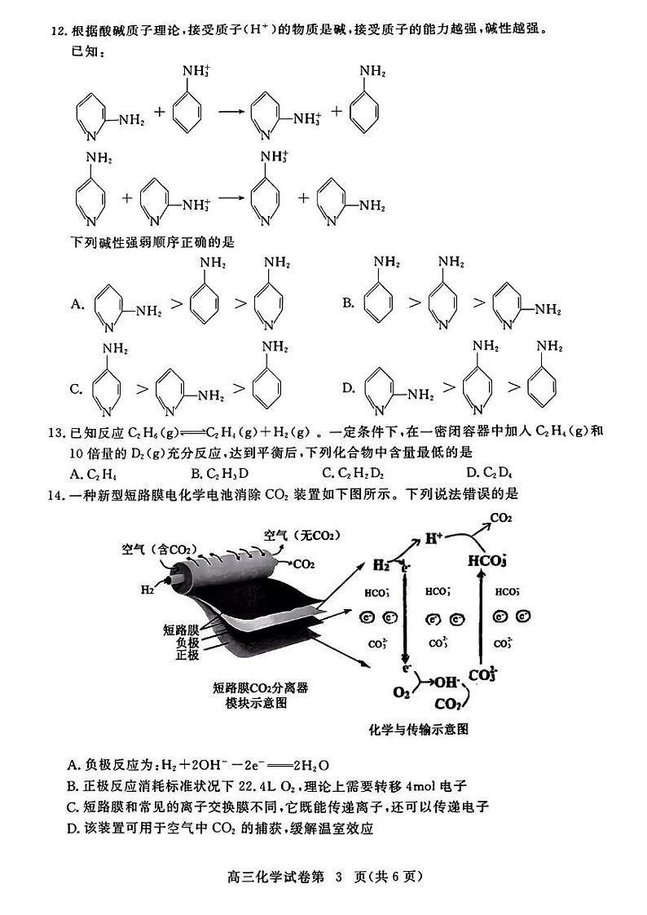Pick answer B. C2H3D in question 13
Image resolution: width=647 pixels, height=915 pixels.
point(219,472)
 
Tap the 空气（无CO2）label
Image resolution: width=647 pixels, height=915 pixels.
point(301,535)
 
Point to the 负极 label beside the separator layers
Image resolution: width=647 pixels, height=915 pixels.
point(187,642)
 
